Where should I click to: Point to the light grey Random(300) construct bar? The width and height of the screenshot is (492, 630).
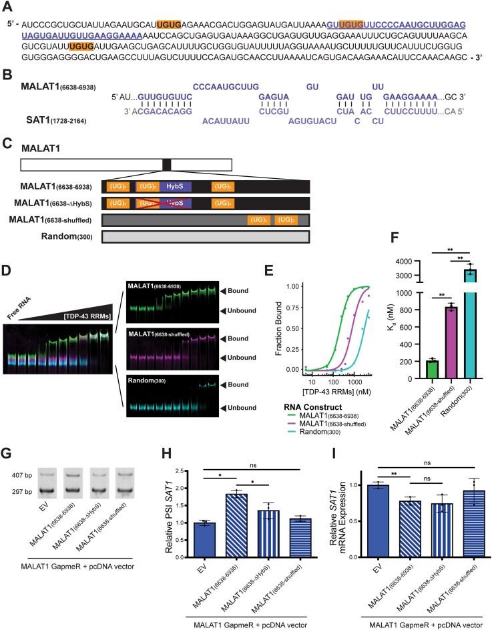[204, 236]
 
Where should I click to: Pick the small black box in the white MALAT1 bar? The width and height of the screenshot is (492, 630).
[166, 165]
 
